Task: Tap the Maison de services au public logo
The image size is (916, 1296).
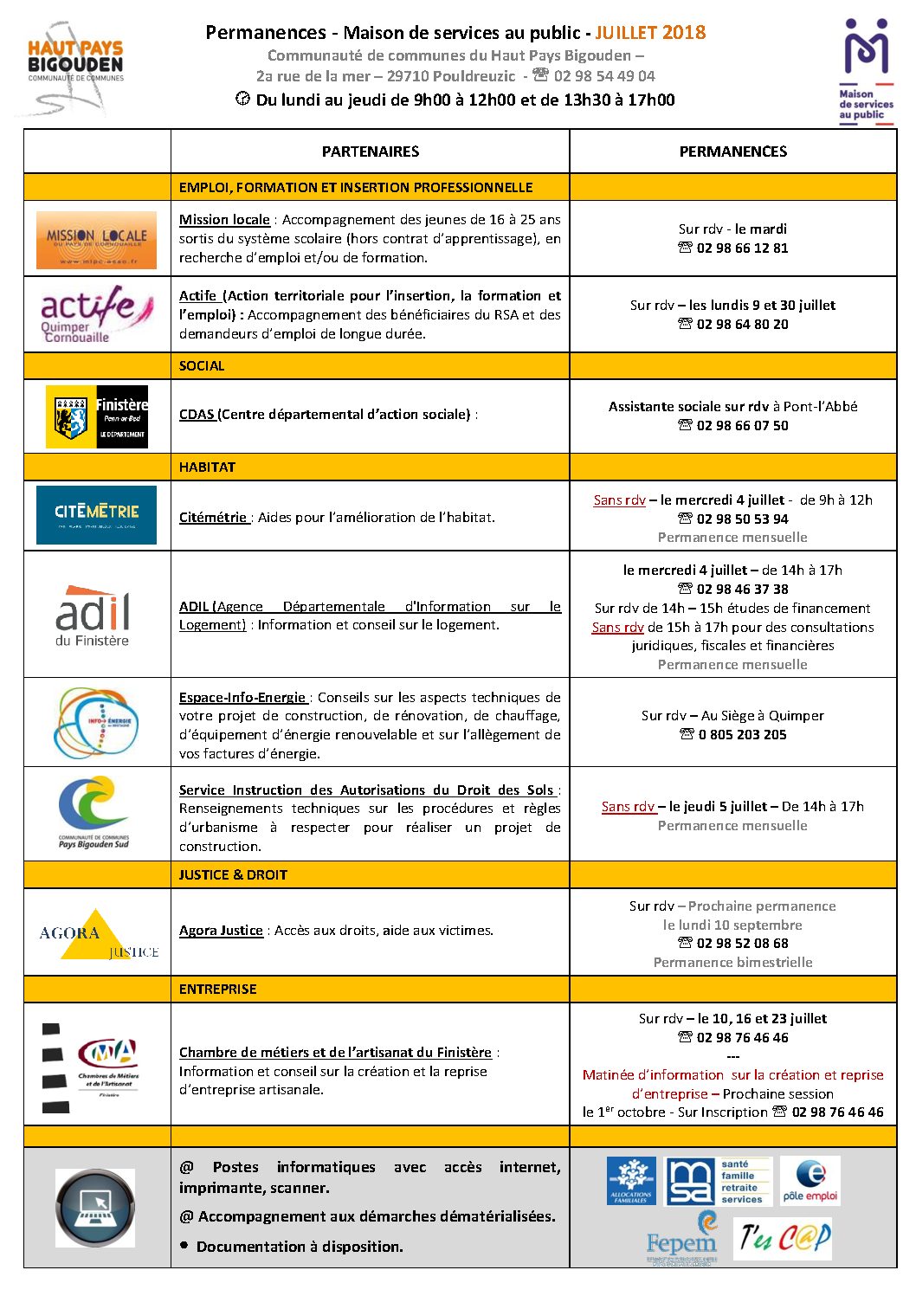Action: pos(866,69)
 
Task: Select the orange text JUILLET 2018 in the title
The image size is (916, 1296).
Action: pos(650,33)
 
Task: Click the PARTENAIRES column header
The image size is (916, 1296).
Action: pos(370,152)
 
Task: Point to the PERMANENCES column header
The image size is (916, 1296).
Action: pos(732,152)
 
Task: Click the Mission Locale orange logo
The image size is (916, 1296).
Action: pos(96,240)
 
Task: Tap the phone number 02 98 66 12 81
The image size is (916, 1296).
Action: pos(742,248)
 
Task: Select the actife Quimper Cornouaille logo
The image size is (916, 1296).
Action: pos(96,314)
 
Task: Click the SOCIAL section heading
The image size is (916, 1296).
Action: pos(202,366)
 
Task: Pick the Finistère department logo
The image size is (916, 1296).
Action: pos(97,416)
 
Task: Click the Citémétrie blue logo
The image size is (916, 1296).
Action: pos(96,515)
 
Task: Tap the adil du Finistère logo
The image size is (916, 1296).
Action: pos(93,616)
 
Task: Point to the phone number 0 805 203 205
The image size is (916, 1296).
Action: pos(742,735)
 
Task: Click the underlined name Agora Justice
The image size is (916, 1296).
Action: pos(221,931)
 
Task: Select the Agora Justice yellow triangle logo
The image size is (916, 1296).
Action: pos(97,935)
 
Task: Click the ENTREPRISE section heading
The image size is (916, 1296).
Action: pos(218,990)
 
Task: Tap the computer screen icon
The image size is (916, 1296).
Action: pos(95,1207)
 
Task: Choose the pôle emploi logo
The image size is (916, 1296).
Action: pos(810,1181)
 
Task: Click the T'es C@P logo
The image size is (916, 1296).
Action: pos(784,1238)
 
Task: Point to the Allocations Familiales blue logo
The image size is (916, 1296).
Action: pos(631,1181)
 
